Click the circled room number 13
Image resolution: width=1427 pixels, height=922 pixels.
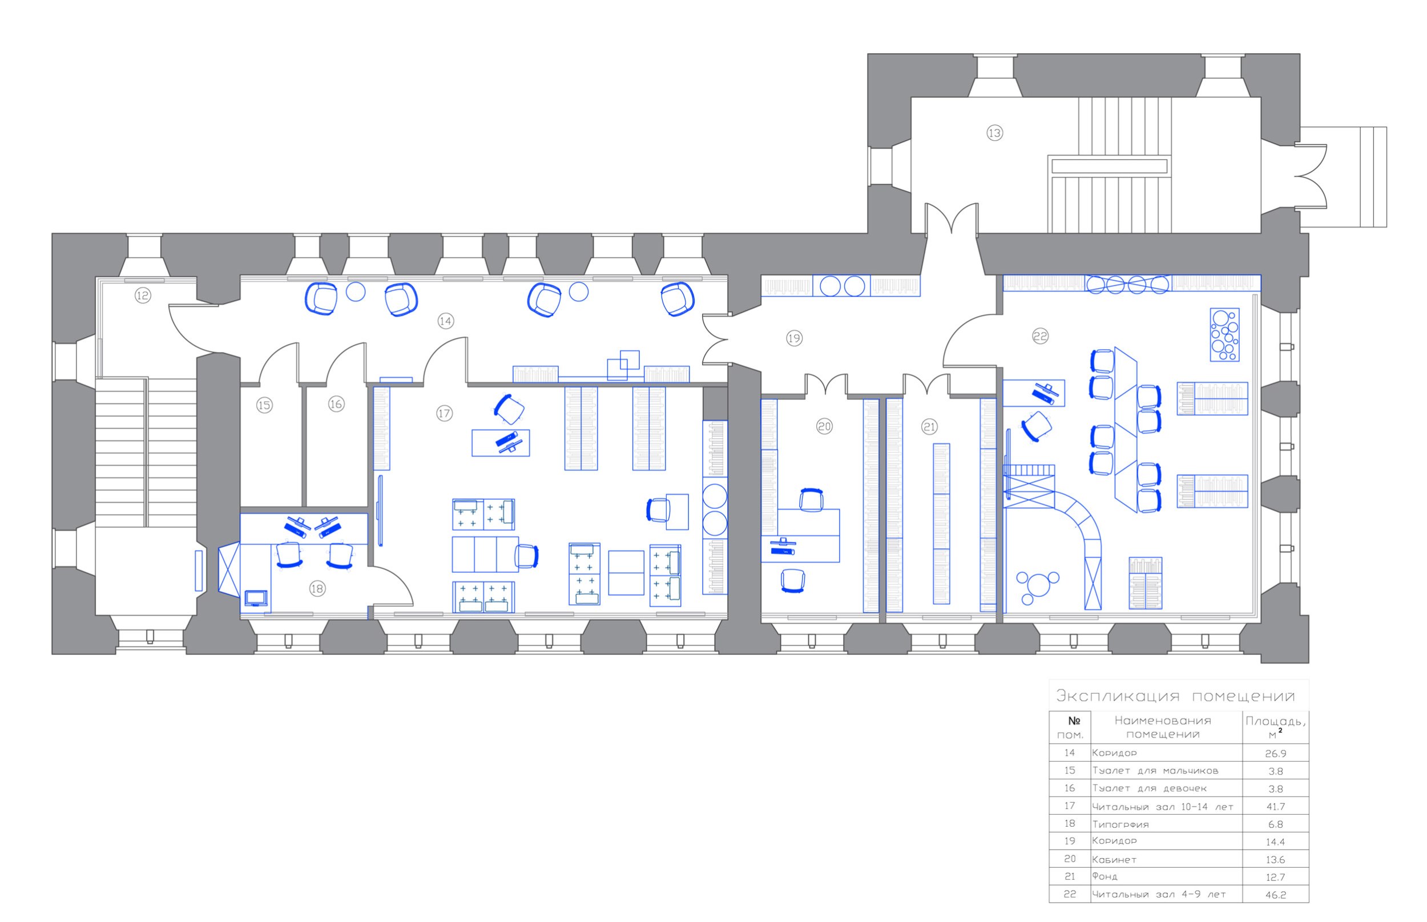(x=995, y=133)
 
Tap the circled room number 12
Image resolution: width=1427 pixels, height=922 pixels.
(x=143, y=295)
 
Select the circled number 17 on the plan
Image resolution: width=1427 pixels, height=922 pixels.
(x=444, y=413)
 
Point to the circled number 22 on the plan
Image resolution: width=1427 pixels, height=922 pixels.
(x=1040, y=337)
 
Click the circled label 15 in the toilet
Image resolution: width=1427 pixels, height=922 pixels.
(x=264, y=405)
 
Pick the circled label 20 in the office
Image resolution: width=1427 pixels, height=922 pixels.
(x=824, y=426)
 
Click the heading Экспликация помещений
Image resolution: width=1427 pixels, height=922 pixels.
(x=1175, y=696)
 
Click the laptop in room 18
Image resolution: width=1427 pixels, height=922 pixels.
(x=256, y=598)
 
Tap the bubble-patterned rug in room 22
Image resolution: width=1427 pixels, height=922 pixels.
(x=1224, y=335)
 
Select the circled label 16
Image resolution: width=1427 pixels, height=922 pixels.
(x=336, y=404)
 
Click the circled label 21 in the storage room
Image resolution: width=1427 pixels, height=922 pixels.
(x=929, y=427)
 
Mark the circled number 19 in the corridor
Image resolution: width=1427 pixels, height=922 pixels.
(x=793, y=338)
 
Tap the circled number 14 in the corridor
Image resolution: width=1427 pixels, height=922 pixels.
(x=445, y=321)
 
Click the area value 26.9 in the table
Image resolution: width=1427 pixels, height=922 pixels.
(x=1276, y=754)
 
